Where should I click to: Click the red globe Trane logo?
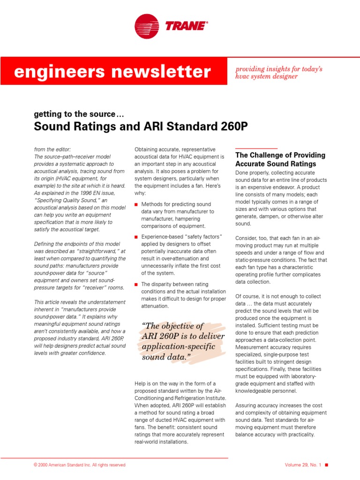pyautogui.click(x=147, y=26)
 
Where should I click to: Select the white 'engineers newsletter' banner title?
pyautogui.click(x=112, y=72)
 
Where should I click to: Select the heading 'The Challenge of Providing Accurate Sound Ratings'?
pyautogui.click(x=280, y=159)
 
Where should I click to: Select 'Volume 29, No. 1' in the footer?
pyautogui.click(x=303, y=465)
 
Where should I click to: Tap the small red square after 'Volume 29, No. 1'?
pyautogui.click(x=327, y=465)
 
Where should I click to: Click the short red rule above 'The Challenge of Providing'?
pyautogui.click(x=256, y=148)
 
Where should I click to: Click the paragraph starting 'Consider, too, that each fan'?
pyautogui.click(x=281, y=260)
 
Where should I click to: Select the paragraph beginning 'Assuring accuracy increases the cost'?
pyautogui.click(x=281, y=420)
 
